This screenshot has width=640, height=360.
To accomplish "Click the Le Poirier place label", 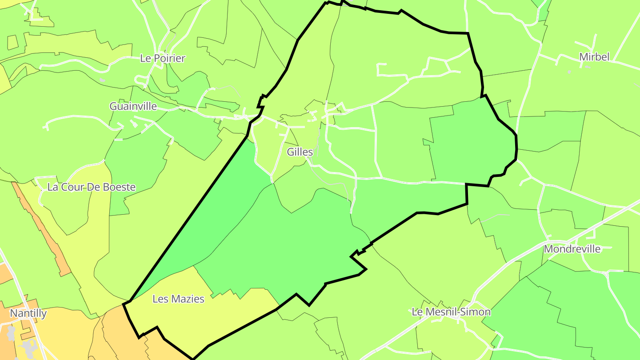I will coord(162,58).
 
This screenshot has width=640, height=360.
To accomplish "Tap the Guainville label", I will coord(133,106).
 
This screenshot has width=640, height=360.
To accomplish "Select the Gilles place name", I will coord(300,152).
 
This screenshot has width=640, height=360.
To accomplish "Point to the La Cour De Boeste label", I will coord(91,187).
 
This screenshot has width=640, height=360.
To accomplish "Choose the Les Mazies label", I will coord(178,299).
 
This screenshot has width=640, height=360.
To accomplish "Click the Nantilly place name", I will coord(28,313).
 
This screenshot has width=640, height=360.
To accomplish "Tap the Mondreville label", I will coord(572,249).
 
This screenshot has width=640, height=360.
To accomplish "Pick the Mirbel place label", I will coord(594,57).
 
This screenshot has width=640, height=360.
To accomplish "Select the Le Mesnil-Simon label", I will coord(451,312).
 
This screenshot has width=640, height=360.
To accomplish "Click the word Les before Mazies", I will coord(160,299).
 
